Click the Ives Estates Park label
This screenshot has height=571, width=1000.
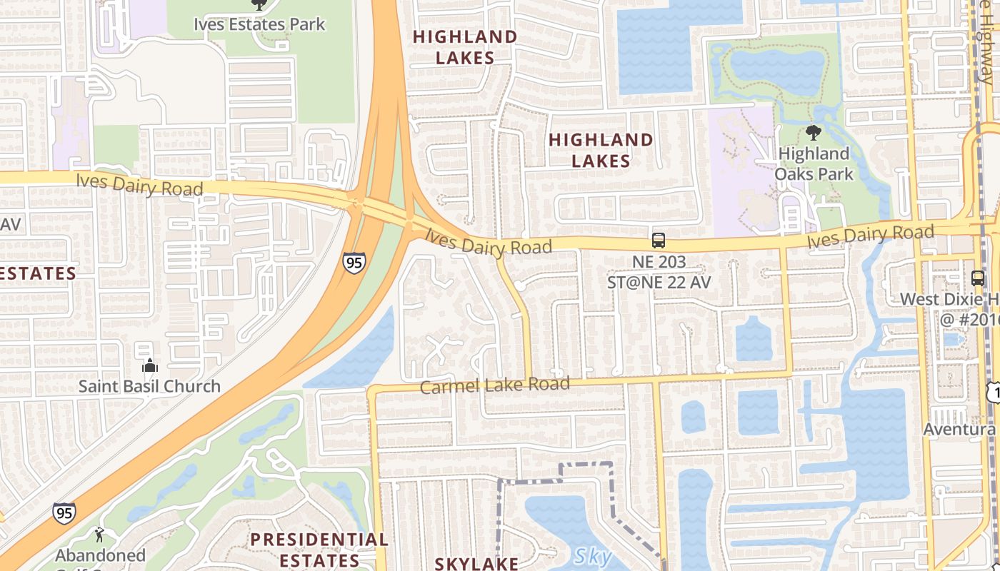(259, 24)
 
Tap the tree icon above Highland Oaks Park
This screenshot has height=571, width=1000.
(813, 132)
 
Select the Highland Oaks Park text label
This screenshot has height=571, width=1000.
(814, 163)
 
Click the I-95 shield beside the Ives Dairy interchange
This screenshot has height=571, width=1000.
(354, 263)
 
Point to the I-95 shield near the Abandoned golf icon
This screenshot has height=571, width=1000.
(64, 512)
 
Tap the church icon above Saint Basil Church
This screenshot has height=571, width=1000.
(149, 366)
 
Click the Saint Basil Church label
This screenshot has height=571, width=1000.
(149, 386)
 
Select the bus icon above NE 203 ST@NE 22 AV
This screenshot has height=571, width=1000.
(659, 241)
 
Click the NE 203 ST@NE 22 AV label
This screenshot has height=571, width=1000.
(659, 272)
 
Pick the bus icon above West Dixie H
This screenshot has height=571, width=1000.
(978, 278)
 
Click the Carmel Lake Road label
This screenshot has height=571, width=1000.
(494, 385)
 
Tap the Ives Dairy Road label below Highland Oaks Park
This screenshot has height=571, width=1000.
(871, 236)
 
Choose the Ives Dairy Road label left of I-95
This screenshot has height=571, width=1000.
(139, 184)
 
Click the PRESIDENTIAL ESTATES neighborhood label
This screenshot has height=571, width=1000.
(319, 549)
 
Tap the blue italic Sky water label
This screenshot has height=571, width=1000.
(592, 555)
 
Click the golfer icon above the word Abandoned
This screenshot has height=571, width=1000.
(99, 535)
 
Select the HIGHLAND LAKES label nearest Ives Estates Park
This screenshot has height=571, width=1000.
(465, 47)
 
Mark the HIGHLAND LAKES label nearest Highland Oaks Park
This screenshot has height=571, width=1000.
(601, 150)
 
